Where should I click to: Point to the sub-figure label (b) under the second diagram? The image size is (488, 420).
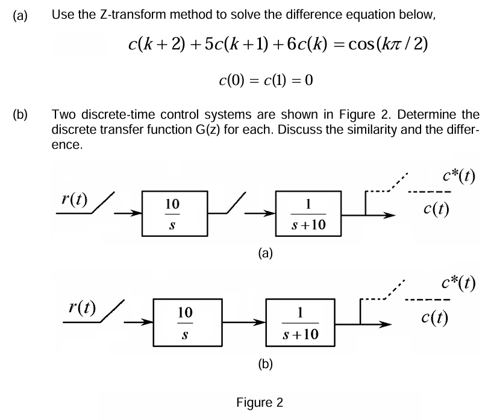point(265,363)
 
